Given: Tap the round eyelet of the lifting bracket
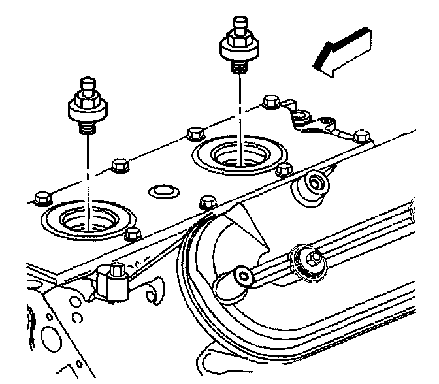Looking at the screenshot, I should [300, 116].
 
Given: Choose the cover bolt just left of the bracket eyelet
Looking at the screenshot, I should [268, 101].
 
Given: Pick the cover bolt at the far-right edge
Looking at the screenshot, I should [360, 136].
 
